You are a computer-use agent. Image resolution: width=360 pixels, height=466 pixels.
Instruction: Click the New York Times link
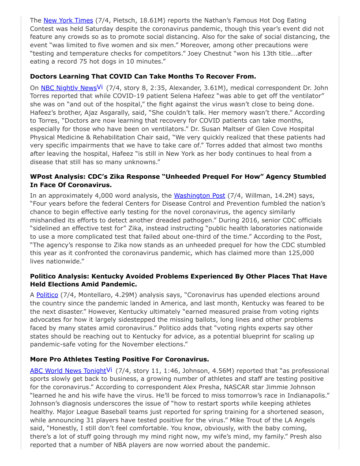click(68, 20)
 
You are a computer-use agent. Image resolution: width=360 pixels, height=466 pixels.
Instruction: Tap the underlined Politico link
click(47, 295)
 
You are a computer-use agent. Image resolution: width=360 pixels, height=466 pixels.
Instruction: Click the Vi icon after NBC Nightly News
click(100, 87)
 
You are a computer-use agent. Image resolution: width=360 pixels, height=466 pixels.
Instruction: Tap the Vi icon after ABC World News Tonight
click(109, 370)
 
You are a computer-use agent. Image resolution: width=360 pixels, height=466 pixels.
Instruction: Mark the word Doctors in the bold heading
click(44, 76)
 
